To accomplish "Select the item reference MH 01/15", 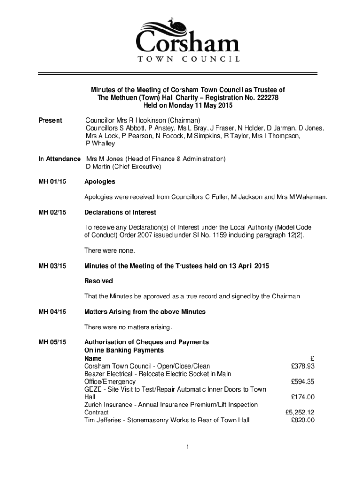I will point(52,181).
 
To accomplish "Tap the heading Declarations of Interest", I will point(120,212).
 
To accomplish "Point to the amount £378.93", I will point(302,366).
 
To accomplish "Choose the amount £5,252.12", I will point(300,413).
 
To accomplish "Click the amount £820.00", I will point(302,420).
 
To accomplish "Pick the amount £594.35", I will point(302,382).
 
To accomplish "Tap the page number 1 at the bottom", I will point(187,448).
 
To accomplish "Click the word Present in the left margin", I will point(50,120).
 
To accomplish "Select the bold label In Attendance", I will point(59,159).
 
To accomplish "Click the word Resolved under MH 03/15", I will point(98,281).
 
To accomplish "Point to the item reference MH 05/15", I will point(52,342).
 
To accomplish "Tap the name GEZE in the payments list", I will point(93,389).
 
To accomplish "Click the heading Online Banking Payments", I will point(123,350).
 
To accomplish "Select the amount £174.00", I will point(302,397).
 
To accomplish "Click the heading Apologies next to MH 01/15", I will point(100,181).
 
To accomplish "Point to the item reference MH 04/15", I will point(52,312).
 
